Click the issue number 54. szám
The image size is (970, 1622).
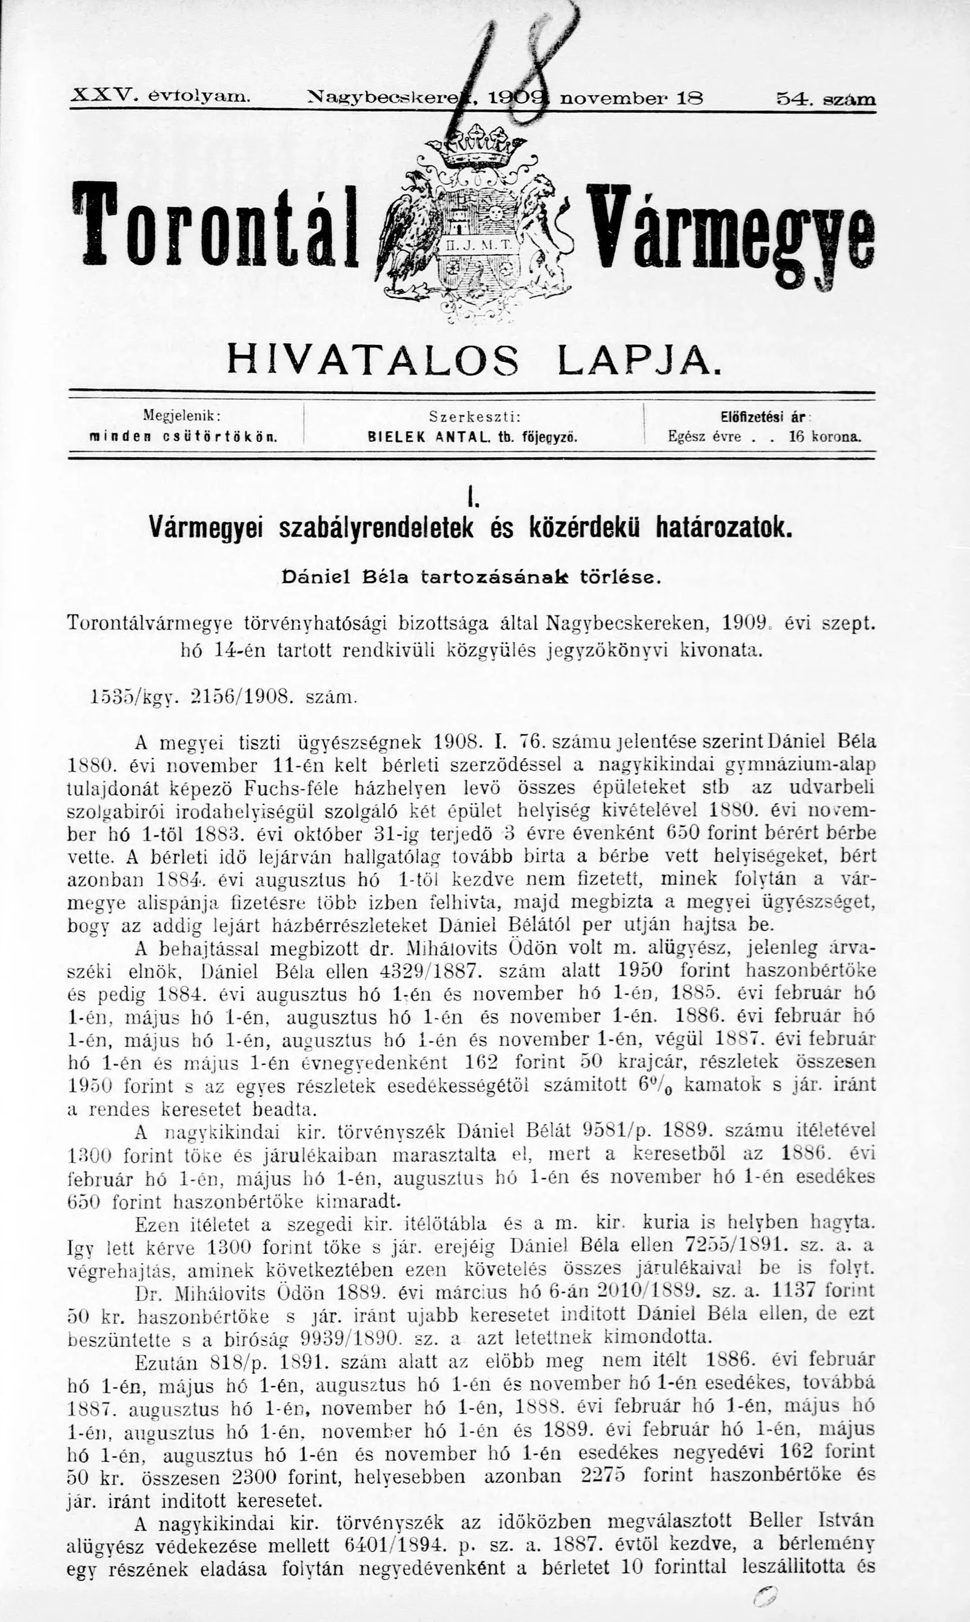tap(826, 99)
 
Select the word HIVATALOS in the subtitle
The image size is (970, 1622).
tap(373, 360)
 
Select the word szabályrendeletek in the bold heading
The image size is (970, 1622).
tap(375, 526)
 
